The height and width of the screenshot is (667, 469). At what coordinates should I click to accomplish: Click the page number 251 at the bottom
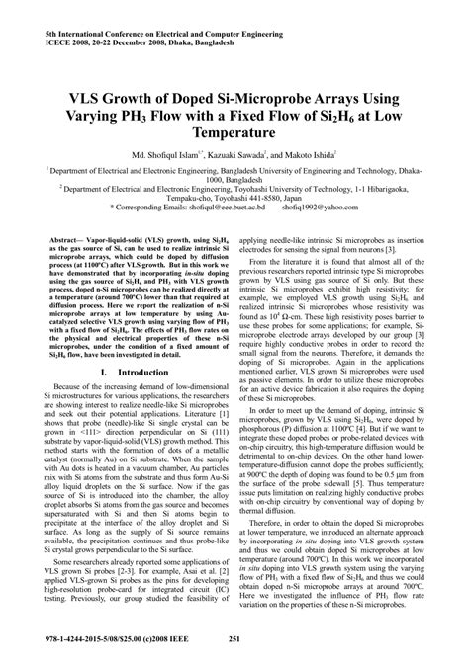[234, 638]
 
